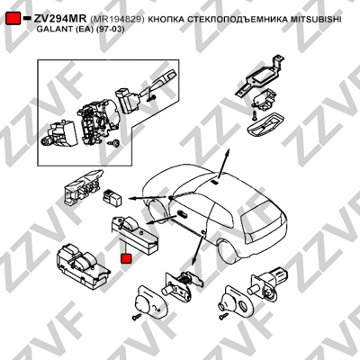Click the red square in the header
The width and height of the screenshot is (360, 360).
pos(13,19)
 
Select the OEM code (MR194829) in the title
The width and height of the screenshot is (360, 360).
pos(117,19)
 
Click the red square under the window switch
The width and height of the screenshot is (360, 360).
pos(126,258)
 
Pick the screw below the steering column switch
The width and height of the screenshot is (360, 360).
pos(115,143)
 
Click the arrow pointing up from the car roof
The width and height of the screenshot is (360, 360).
pos(223,164)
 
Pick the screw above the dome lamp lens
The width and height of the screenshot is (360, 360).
pos(255,114)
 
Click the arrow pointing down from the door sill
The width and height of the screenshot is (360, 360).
pos(199,250)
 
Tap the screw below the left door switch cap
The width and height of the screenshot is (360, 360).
pos(137,316)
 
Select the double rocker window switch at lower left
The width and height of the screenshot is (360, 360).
pos(82,264)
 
